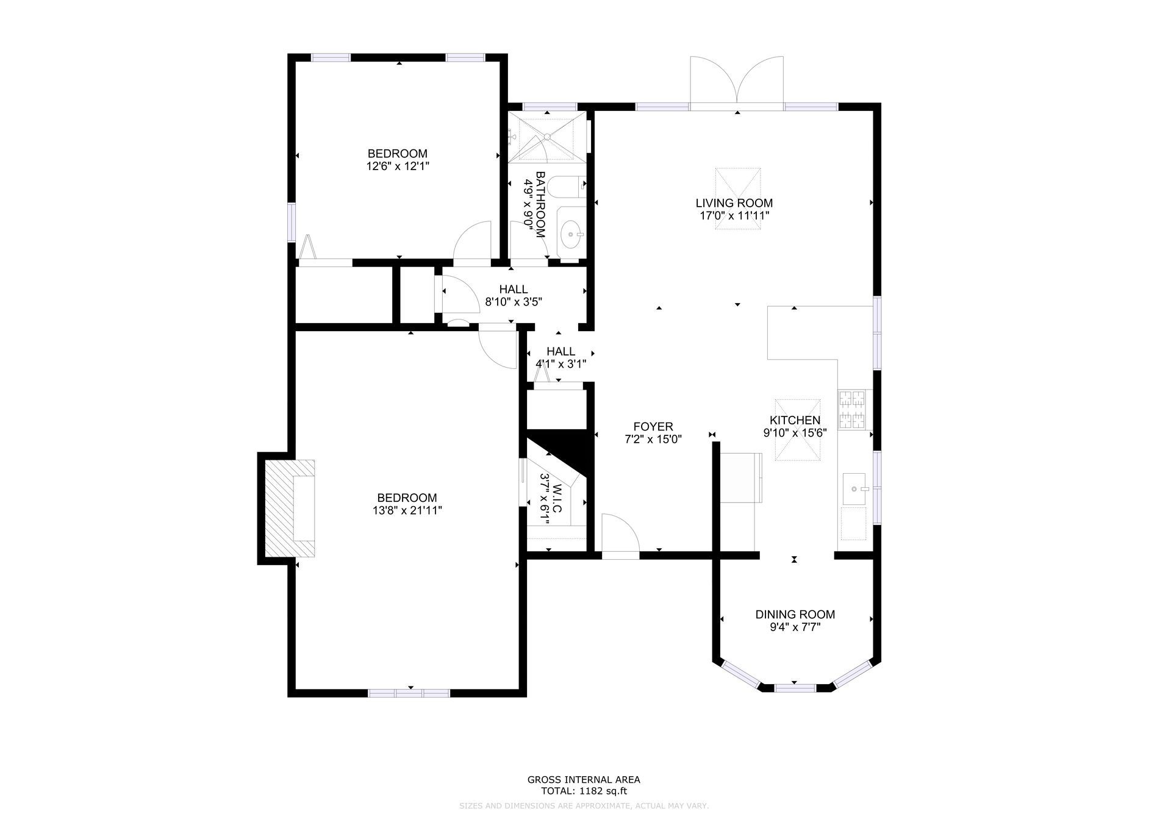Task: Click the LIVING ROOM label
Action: (734, 203)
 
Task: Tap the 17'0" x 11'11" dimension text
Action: (734, 216)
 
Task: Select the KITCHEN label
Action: (795, 420)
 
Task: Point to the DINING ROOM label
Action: (795, 615)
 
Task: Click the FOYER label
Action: (653, 427)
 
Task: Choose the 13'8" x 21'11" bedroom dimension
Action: (407, 510)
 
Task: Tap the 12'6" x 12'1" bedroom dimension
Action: (398, 166)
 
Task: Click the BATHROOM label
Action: (540, 205)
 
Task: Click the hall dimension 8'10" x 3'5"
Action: (514, 301)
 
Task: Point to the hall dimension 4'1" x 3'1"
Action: (561, 364)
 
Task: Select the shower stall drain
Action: (547, 137)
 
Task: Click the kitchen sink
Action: (854, 489)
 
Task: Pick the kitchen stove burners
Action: (853, 409)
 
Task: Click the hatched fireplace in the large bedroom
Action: (290, 509)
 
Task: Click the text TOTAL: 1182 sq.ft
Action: (584, 791)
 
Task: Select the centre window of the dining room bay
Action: (795, 688)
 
